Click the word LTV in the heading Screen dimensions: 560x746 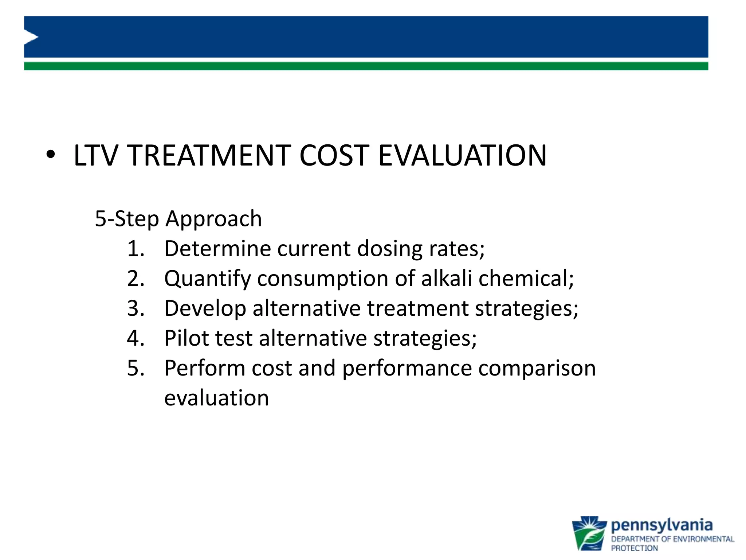[x=96, y=156]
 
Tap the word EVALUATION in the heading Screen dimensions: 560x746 [x=462, y=156]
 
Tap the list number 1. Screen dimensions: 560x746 [x=135, y=249]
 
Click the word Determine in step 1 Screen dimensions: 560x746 [x=217, y=249]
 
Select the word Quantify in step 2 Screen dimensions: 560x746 [x=208, y=279]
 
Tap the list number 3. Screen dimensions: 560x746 [x=135, y=308]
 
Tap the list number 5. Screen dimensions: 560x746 [x=135, y=368]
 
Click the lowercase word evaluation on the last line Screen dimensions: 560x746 [x=216, y=398]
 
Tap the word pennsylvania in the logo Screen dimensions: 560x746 [x=661, y=526]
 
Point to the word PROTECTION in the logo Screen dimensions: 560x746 [x=634, y=548]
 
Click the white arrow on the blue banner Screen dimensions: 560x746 [x=31, y=38]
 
